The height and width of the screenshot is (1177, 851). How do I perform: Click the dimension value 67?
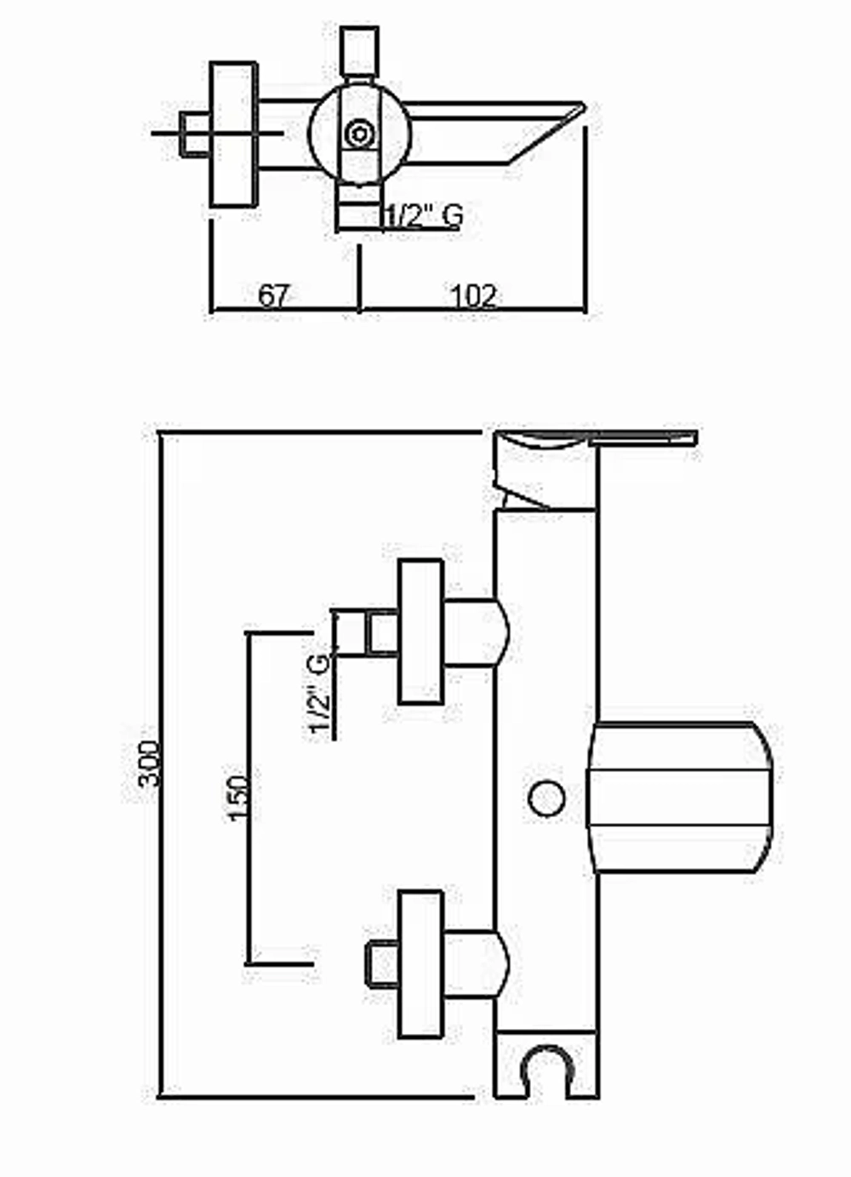click(273, 296)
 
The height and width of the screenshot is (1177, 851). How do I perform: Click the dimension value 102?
click(473, 296)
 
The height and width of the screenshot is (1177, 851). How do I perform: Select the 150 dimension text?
click(238, 797)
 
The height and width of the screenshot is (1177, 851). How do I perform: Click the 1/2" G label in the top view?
click(424, 215)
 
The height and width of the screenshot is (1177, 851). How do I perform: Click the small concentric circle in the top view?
click(359, 134)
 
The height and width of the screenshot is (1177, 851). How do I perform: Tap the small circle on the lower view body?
click(546, 798)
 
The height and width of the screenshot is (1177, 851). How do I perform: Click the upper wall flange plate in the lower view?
click(420, 631)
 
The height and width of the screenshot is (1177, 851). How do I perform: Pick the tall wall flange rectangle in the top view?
click(233, 134)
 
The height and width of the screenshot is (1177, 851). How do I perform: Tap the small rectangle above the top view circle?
click(359, 52)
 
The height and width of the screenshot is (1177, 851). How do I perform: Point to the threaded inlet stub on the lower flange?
click(382, 965)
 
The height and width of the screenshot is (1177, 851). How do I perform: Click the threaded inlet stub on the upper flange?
click(364, 632)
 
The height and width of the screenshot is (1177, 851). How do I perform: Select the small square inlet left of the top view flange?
click(195, 134)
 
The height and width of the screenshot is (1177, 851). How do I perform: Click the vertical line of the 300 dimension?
click(161, 763)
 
